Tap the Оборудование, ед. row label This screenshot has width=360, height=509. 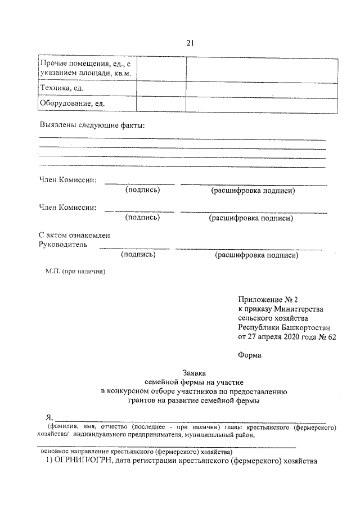pos(71,104)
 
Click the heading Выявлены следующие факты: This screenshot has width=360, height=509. pos(92,124)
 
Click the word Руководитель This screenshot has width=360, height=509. pos(63,245)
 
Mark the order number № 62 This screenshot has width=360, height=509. pos(324,337)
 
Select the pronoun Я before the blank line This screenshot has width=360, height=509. pos(48,418)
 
